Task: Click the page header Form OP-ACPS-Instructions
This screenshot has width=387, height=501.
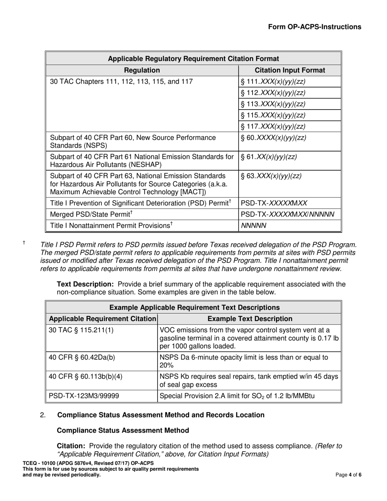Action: [314, 27]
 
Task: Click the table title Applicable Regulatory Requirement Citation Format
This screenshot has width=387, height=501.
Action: [193, 59]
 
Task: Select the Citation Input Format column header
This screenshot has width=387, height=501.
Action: [290, 70]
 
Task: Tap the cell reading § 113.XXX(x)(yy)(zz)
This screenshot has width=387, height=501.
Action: [273, 104]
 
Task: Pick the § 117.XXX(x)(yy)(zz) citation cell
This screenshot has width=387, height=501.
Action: [273, 126]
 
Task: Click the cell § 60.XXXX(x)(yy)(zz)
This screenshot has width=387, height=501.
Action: [273, 138]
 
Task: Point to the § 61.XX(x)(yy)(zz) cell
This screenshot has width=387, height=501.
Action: [269, 157]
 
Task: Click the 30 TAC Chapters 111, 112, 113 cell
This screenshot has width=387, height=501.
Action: [121, 81]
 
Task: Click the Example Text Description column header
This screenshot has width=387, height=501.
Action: [250, 319]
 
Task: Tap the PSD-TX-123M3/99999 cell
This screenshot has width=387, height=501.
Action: [84, 396]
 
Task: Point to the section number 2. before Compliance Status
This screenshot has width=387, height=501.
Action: [43, 415]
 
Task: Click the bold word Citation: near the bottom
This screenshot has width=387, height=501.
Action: [71, 446]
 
